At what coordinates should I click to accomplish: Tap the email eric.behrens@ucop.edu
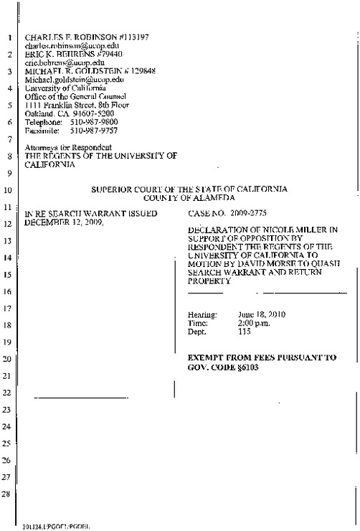(55, 62)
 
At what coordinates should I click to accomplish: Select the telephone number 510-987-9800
(89, 123)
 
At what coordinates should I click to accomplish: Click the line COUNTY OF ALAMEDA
(189, 197)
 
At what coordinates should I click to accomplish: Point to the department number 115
(244, 332)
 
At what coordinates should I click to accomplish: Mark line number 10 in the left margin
(6, 191)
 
